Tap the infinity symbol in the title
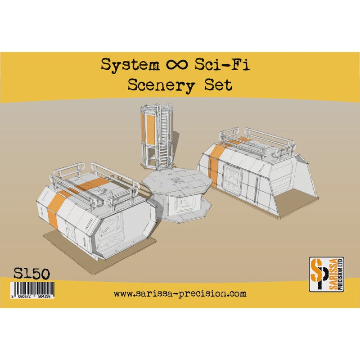point(176,66)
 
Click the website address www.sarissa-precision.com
point(180,294)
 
